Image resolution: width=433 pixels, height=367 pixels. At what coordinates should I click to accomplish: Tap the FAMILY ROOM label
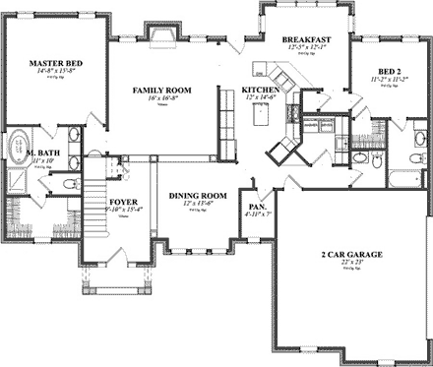[x=162, y=90]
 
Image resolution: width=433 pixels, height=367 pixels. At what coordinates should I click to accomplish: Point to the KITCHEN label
[x=261, y=90]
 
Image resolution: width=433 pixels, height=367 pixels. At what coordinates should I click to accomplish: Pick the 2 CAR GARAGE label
[x=343, y=254]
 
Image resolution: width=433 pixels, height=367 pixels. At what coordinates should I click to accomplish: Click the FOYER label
[x=123, y=200]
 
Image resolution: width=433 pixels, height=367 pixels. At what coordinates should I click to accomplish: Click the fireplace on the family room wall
[x=160, y=36]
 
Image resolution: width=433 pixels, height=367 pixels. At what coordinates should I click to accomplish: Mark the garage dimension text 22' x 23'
[x=343, y=264]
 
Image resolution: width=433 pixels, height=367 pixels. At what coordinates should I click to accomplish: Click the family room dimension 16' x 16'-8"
[x=162, y=98]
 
